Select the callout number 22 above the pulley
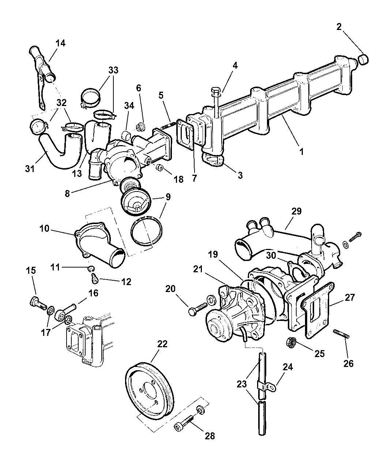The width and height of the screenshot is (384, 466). (162, 344)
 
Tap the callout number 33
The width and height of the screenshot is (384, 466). (113, 70)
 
